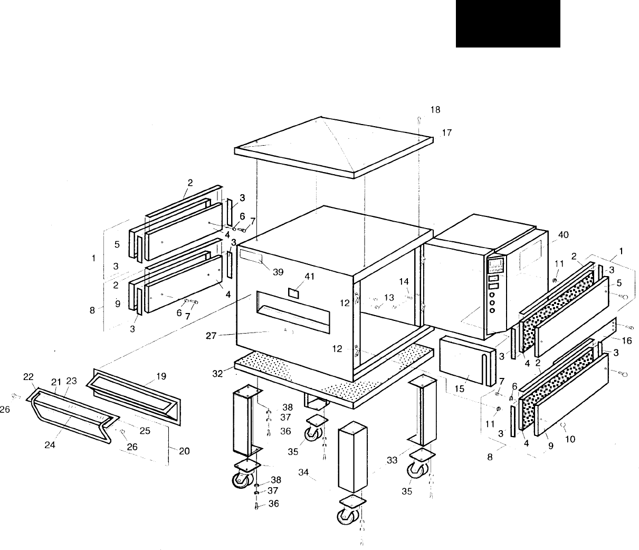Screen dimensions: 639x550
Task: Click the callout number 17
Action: point(446,133)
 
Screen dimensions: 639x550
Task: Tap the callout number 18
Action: point(435,110)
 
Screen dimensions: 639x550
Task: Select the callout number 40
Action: point(563,234)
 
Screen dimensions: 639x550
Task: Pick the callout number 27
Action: point(211,335)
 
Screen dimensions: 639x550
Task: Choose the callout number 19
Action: point(161,376)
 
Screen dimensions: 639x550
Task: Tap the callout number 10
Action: point(570,438)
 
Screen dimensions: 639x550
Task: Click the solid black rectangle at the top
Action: point(508,24)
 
